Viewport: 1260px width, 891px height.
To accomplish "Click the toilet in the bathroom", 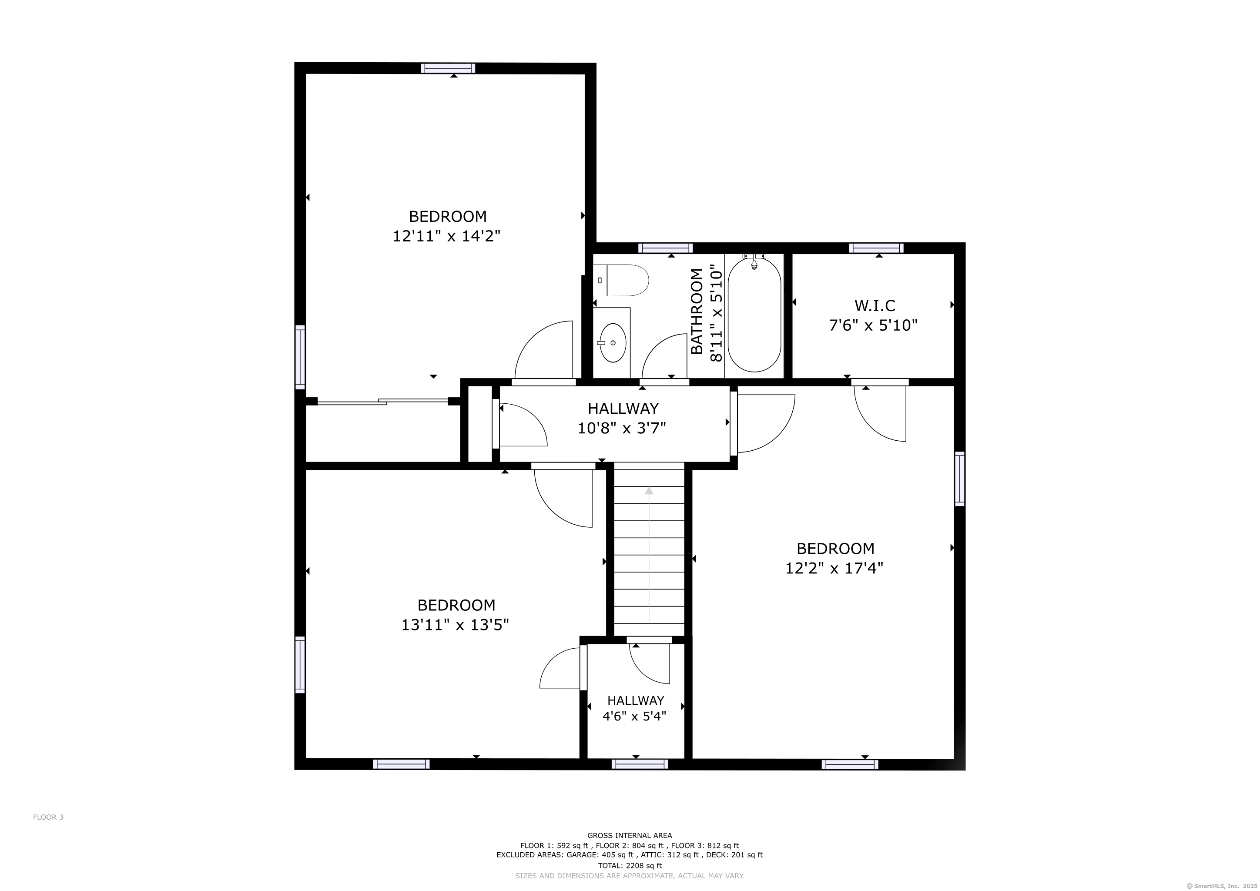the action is (621, 280).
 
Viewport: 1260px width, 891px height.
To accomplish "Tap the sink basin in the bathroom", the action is (613, 343).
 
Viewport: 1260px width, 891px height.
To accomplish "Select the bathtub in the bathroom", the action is (754, 315).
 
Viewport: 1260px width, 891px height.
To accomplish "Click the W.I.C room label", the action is (875, 305).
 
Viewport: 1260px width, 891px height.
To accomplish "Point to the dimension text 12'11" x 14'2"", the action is (447, 236).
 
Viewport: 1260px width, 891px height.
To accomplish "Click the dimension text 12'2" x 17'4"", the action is (834, 568).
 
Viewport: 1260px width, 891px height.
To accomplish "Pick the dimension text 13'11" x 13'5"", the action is (456, 624).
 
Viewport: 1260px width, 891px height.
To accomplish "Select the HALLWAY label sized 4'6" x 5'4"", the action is (636, 700).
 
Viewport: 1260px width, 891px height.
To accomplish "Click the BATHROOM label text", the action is (697, 311).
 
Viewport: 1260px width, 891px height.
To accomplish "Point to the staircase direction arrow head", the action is (649, 490).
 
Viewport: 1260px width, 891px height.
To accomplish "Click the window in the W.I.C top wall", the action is (876, 248).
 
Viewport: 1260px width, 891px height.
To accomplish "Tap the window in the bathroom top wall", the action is (666, 248).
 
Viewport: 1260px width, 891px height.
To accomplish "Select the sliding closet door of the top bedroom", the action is (383, 402).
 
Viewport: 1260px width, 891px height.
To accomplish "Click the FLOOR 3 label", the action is (48, 817).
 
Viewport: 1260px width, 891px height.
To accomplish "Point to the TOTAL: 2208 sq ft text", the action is (630, 866).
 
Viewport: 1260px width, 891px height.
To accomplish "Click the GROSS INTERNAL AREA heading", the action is (630, 836).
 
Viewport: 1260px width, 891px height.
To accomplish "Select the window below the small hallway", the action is (640, 764).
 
